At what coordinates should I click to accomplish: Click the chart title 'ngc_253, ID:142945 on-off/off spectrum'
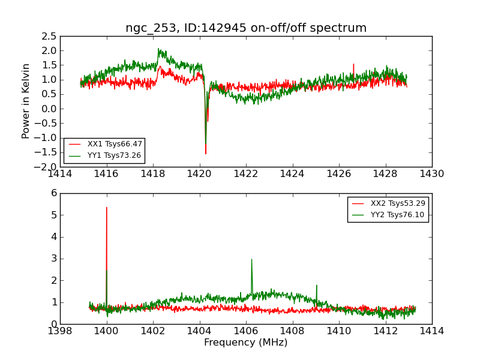246,28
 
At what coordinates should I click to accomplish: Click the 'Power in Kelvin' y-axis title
26,101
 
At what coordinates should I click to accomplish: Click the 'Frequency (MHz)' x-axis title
246,343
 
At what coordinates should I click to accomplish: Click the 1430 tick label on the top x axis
432,174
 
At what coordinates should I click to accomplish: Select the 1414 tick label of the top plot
60,174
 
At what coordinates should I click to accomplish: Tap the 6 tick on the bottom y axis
53,193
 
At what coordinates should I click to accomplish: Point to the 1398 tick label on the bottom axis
60,331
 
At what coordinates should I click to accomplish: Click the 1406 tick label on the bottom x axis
245,331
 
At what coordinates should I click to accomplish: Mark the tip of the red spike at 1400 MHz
107,208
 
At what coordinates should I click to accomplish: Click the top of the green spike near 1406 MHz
251,259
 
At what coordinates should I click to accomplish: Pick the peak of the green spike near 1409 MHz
316,286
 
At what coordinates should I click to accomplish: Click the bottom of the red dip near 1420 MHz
205,154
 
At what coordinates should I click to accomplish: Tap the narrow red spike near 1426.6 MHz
353,64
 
